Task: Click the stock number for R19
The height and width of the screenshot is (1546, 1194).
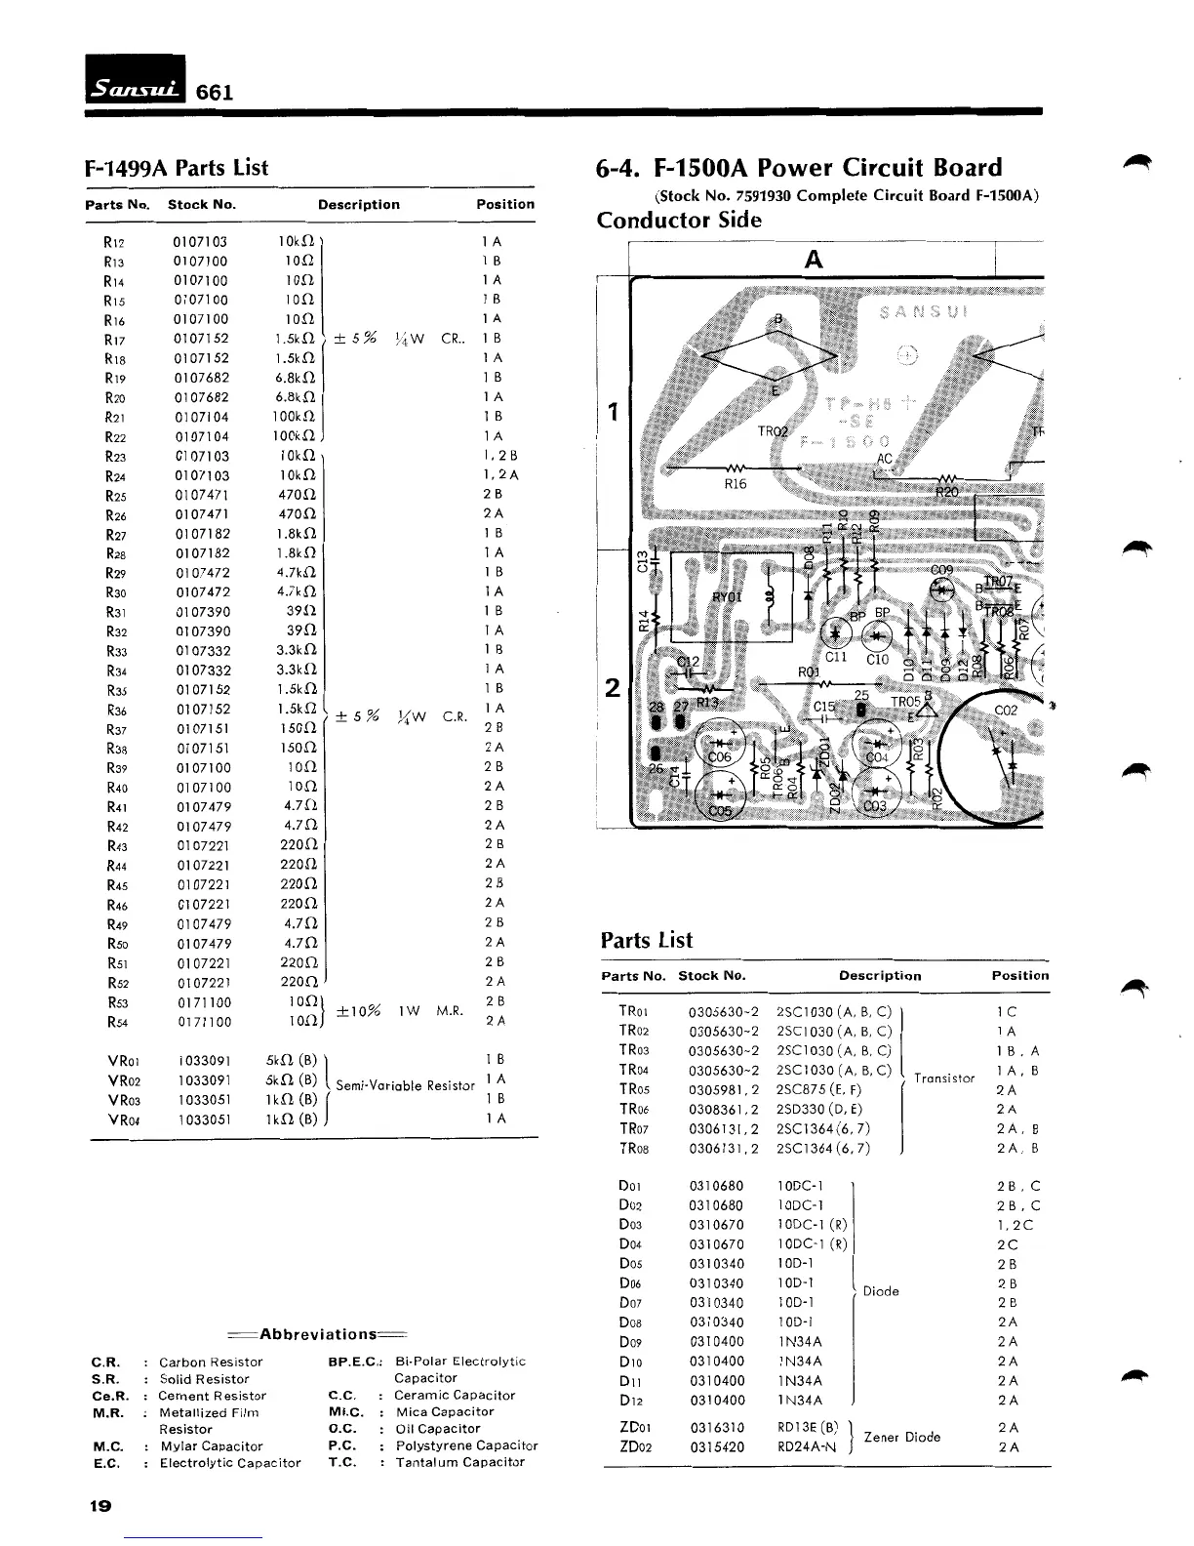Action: click(202, 378)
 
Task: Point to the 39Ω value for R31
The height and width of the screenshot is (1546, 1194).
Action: click(298, 612)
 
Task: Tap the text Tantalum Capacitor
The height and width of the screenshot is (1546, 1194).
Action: click(459, 1462)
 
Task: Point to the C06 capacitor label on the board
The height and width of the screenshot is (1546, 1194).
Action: click(720, 757)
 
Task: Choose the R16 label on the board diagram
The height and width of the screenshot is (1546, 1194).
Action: click(736, 484)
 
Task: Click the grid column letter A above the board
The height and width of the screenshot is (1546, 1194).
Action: click(813, 260)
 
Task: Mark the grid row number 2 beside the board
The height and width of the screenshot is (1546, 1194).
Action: click(612, 688)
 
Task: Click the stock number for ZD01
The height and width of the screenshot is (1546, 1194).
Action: click(716, 1427)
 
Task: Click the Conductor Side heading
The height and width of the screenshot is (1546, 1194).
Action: click(679, 220)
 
